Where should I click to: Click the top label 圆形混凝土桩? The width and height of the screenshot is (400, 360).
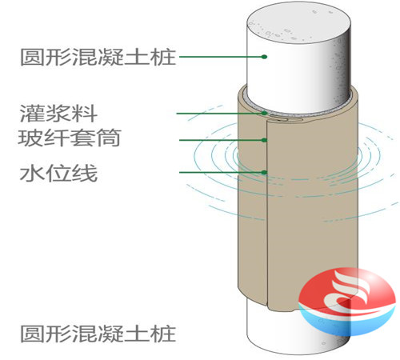coord(98,57)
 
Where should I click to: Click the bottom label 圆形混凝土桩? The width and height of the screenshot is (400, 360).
coord(98,334)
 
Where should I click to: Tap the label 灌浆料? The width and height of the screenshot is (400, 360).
coord(58,114)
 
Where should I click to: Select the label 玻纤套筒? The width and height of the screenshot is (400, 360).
coord(70,138)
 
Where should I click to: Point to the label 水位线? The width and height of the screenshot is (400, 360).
coord(58,174)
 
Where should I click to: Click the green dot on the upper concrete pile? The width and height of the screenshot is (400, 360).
coord(264,57)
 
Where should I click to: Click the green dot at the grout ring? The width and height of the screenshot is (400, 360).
coord(264,113)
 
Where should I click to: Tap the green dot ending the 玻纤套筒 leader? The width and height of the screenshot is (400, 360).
coord(264,140)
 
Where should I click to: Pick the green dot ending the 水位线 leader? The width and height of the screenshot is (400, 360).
coord(264,172)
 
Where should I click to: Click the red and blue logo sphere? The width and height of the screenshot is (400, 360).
coord(346,302)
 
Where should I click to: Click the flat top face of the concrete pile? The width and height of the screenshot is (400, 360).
coord(298,26)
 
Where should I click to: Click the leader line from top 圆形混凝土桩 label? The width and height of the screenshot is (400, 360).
coord(222,57)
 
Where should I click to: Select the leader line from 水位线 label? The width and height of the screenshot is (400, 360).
coord(222,172)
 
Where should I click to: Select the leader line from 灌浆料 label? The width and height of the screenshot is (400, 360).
coord(220,114)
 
